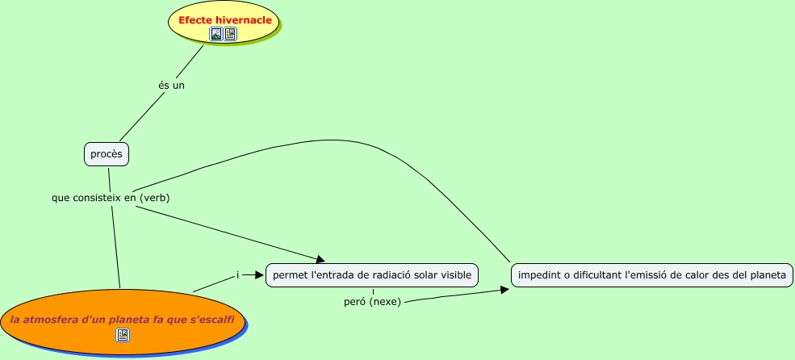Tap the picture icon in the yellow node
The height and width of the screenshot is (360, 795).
215,34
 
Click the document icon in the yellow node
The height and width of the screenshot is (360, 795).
230,34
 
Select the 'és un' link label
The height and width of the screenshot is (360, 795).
171,85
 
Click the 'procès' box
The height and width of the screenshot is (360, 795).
107,154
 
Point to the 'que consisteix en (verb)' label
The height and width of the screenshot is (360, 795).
111,196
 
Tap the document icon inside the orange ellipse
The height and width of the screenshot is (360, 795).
123,334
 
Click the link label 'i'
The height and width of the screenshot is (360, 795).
237,275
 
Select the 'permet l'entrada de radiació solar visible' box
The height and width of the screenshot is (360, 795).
372,275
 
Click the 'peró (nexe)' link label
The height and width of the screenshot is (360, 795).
372,301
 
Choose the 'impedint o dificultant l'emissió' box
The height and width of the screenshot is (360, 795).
652,275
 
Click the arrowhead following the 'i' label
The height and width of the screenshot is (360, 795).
259,275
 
